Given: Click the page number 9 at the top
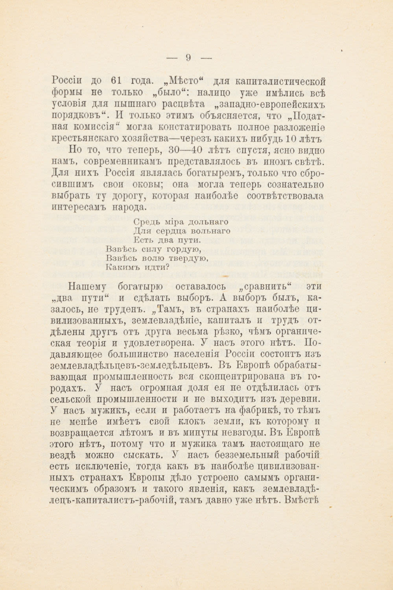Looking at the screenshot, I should coord(188,58).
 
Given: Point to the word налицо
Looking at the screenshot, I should coord(210,93).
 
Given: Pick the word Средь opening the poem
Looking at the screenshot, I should coord(148,222).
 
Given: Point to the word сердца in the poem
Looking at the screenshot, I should coord(172,231).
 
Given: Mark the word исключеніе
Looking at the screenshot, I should coord(99,467).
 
